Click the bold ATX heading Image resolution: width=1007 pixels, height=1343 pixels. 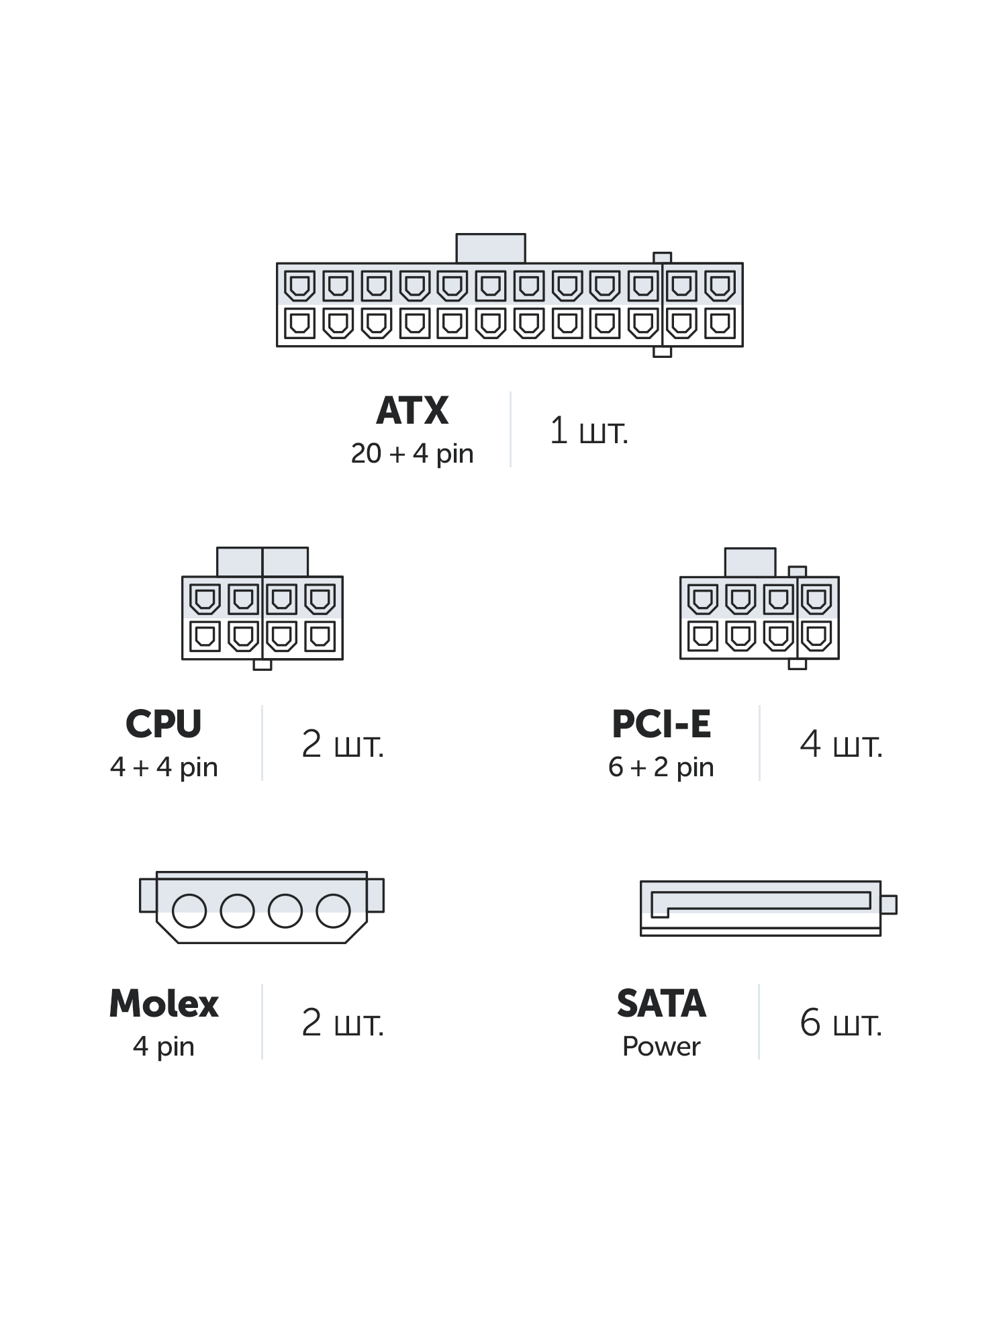click(x=412, y=410)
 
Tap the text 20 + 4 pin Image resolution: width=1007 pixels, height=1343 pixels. click(x=412, y=454)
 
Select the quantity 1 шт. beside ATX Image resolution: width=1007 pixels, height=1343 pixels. click(x=589, y=430)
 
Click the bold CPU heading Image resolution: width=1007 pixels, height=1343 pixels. click(x=164, y=724)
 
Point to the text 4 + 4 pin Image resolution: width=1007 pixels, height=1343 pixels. click(x=164, y=768)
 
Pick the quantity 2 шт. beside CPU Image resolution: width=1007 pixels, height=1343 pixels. click(x=342, y=744)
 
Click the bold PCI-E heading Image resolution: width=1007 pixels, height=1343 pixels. click(x=661, y=724)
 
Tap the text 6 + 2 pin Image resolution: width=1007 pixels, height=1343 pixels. click(x=661, y=768)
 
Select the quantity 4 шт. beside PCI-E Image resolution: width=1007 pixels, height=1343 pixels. click(x=841, y=744)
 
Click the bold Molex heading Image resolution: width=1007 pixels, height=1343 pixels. click(x=164, y=1004)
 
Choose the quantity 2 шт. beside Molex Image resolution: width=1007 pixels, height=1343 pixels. click(x=342, y=1023)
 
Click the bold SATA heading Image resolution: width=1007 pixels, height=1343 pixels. click(x=661, y=1004)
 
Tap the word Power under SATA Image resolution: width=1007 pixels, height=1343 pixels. click(x=661, y=1047)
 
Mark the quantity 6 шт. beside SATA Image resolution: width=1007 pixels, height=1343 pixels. click(x=841, y=1023)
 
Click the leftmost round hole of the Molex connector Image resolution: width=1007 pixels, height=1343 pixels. click(x=189, y=911)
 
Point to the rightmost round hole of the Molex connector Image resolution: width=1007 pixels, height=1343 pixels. click(x=334, y=911)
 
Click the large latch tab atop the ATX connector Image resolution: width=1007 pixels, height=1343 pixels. click(x=491, y=248)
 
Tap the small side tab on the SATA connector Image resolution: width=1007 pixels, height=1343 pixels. click(x=888, y=905)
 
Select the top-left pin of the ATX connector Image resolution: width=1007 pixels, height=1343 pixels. click(x=299, y=286)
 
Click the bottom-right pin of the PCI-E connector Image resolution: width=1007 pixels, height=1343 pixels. click(x=817, y=636)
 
